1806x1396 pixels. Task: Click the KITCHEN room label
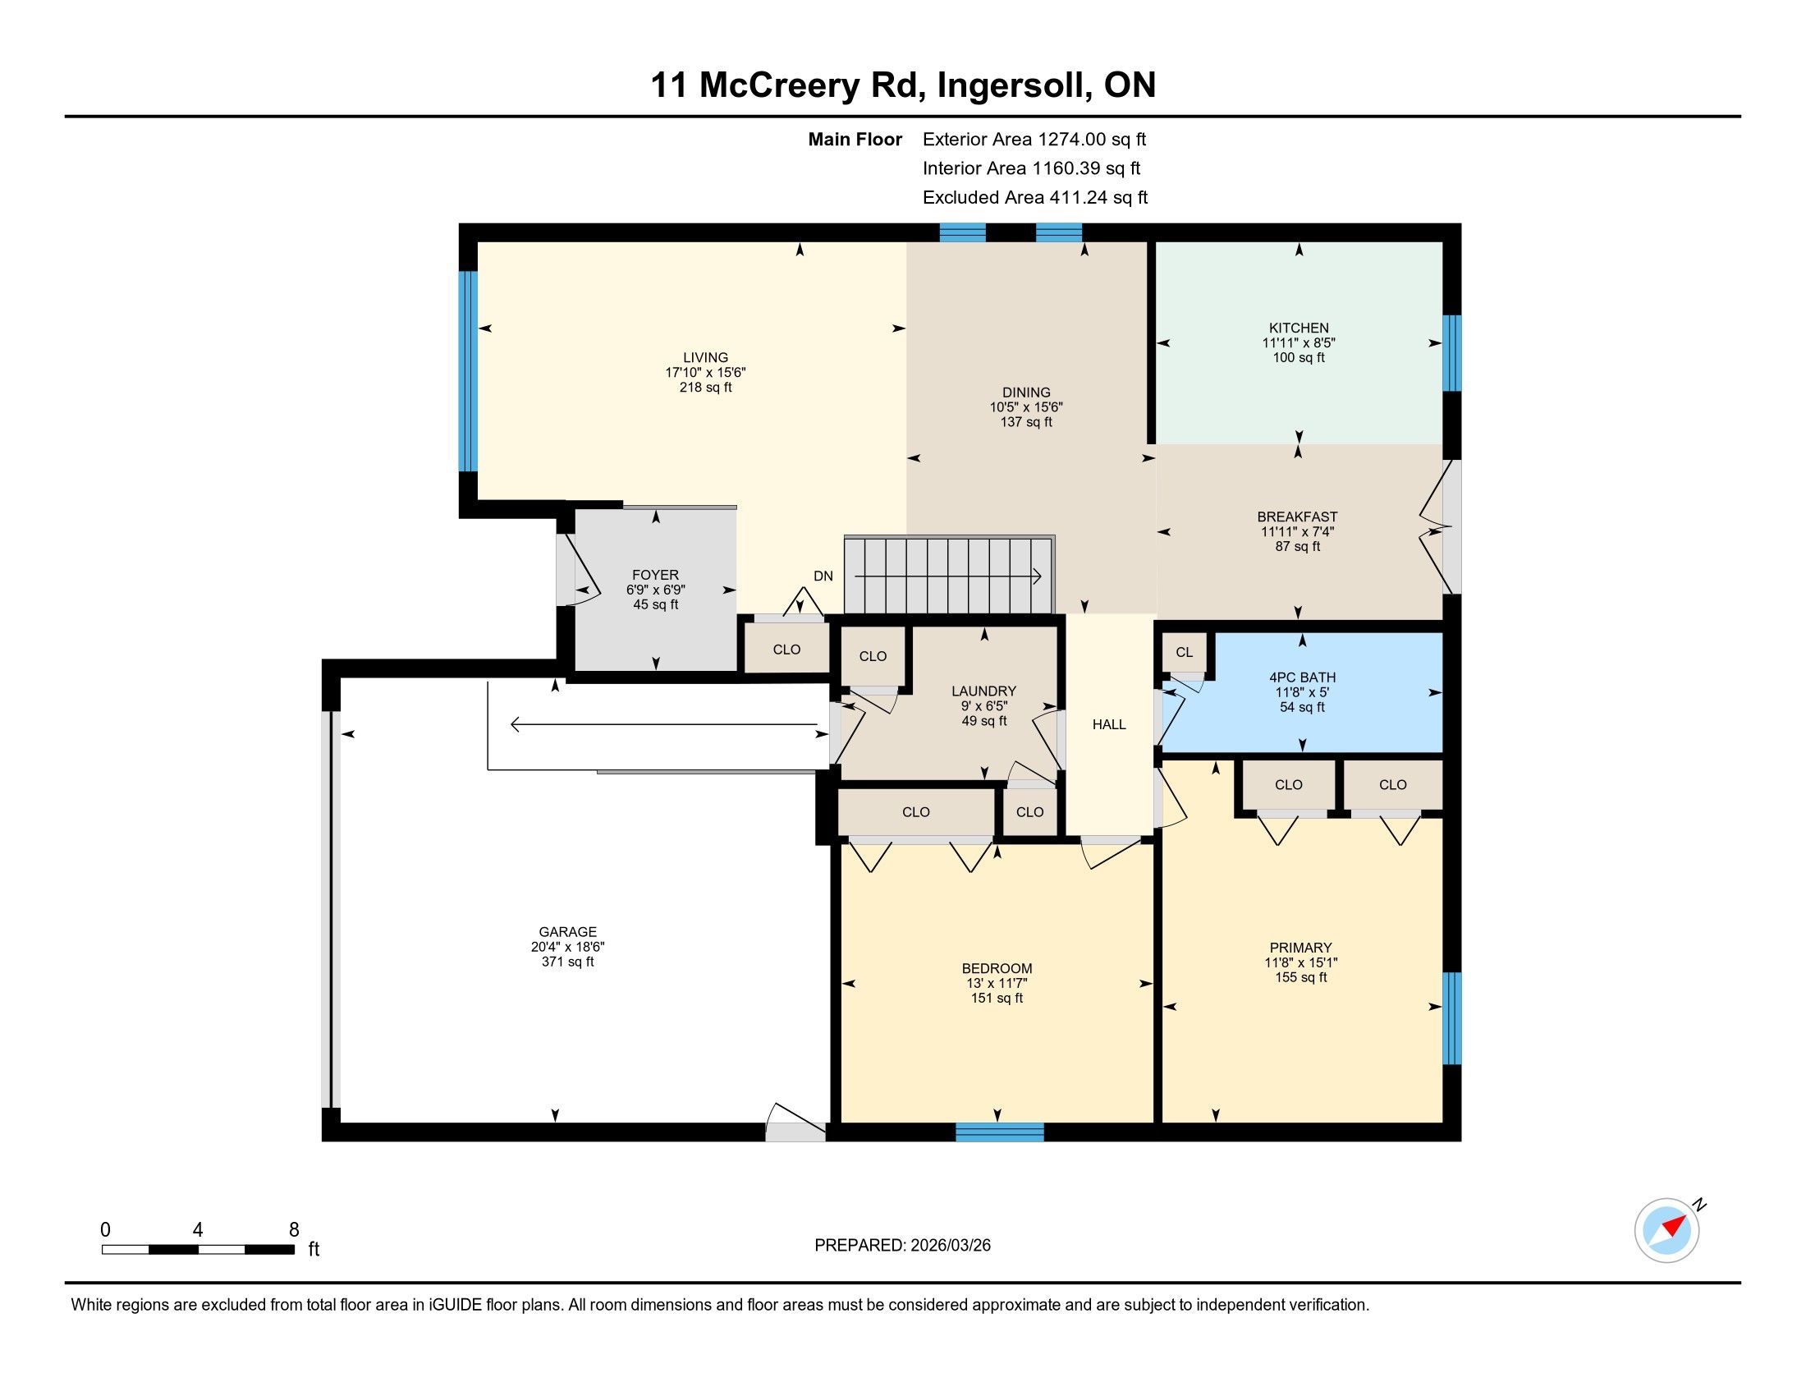[1299, 328]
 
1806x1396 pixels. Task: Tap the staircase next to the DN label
[949, 576]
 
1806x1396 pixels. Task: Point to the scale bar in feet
[199, 1250]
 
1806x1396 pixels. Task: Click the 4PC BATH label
[1303, 677]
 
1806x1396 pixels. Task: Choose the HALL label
[1109, 724]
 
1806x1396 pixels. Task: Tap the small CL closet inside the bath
[1184, 653]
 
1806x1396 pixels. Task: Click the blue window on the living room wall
[468, 371]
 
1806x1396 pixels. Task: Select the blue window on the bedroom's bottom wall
[1000, 1132]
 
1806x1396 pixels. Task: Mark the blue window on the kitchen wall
[1452, 353]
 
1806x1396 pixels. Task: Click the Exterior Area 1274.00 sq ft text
[1034, 140]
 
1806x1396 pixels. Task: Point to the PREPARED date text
[902, 1246]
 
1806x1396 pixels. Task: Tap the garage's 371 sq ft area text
[567, 962]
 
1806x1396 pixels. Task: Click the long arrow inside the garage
[664, 725]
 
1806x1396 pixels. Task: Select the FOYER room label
[656, 575]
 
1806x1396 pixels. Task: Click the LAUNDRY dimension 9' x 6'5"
[984, 706]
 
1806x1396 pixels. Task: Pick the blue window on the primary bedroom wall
[1452, 1018]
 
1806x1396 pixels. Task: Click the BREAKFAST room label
[1297, 517]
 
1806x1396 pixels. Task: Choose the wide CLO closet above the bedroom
[916, 812]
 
